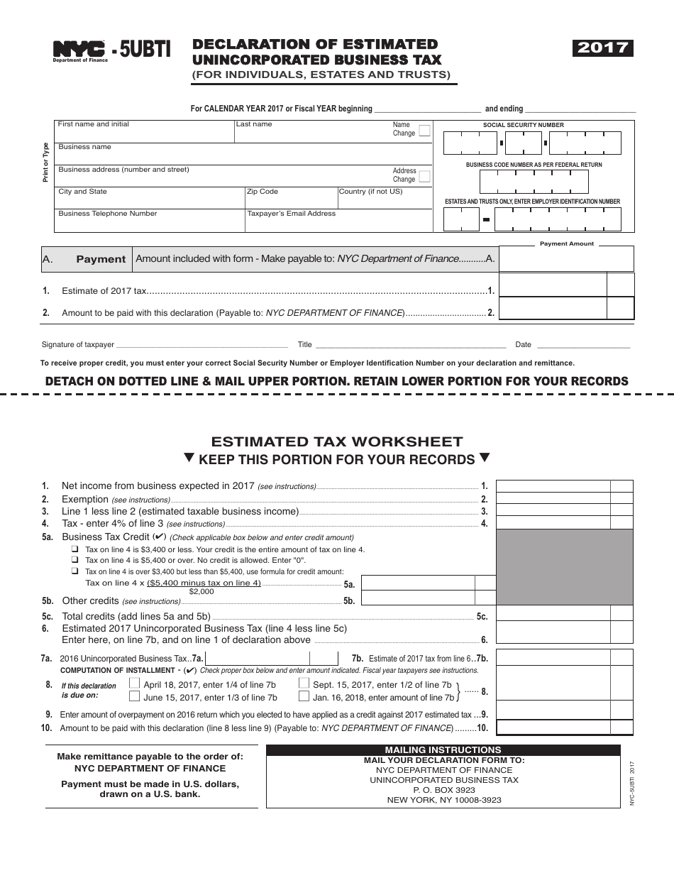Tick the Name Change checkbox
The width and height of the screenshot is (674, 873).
point(424,131)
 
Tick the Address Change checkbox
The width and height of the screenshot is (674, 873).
point(424,176)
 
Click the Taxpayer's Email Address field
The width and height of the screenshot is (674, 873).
point(337,222)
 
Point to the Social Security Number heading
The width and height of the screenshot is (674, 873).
point(524,125)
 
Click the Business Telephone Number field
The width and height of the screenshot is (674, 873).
point(149,222)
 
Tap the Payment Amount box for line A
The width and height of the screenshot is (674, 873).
point(566,259)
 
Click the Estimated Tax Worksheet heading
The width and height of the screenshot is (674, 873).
point(337,441)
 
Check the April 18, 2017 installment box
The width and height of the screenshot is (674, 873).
point(135,684)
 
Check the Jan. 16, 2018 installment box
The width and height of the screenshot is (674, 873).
point(304,697)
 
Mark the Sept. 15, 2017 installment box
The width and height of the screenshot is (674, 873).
point(304,684)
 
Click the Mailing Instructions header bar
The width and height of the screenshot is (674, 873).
point(443,750)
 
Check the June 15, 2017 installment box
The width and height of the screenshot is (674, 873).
point(135,697)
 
